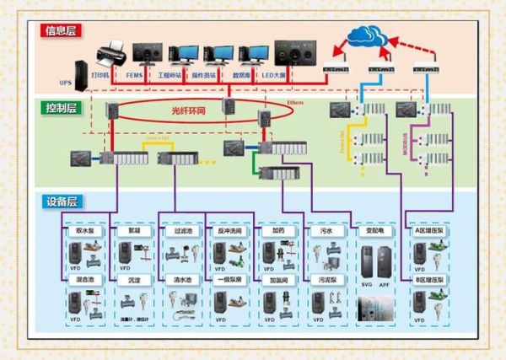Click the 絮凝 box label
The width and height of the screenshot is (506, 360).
[134, 229]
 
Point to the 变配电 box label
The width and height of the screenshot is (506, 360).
[374, 229]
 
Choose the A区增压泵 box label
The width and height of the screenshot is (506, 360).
[430, 229]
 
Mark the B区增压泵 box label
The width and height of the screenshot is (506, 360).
[430, 278]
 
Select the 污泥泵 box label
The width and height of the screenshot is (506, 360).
[326, 278]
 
